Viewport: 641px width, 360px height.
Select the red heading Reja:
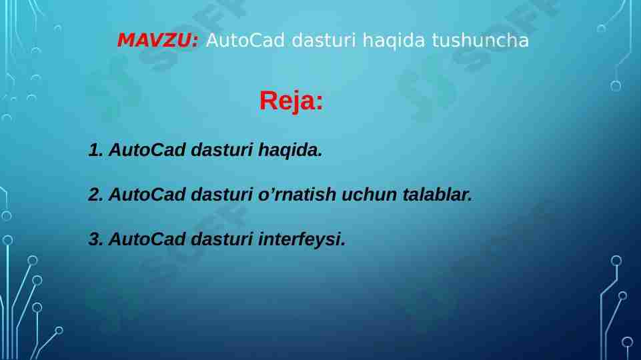[291, 101]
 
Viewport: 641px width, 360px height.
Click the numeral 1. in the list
[95, 150]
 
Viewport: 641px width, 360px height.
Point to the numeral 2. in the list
[95, 195]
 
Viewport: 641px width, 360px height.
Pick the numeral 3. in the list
[95, 239]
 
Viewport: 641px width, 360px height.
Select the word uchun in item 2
[366, 195]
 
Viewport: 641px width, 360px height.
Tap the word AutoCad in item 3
[147, 239]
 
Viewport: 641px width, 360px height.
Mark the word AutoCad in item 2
[147, 195]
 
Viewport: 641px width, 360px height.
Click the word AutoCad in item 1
[147, 150]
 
